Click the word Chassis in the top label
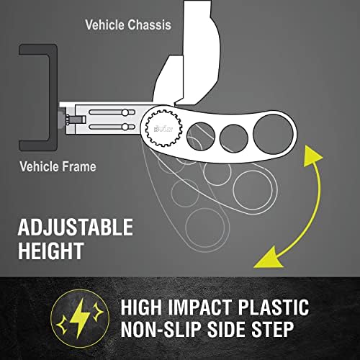[x=149, y=24]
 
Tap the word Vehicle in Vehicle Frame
[x=39, y=166]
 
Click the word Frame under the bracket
[x=78, y=166]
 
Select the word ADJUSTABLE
[x=76, y=227]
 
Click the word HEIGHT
[x=50, y=251]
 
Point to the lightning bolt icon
[x=80, y=318]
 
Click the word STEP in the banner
[x=272, y=329]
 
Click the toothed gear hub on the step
[x=163, y=129]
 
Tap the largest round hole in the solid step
[x=273, y=135]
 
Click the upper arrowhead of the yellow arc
[x=312, y=157]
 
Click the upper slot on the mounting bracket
[x=112, y=112]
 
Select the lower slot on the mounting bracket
[x=112, y=127]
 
